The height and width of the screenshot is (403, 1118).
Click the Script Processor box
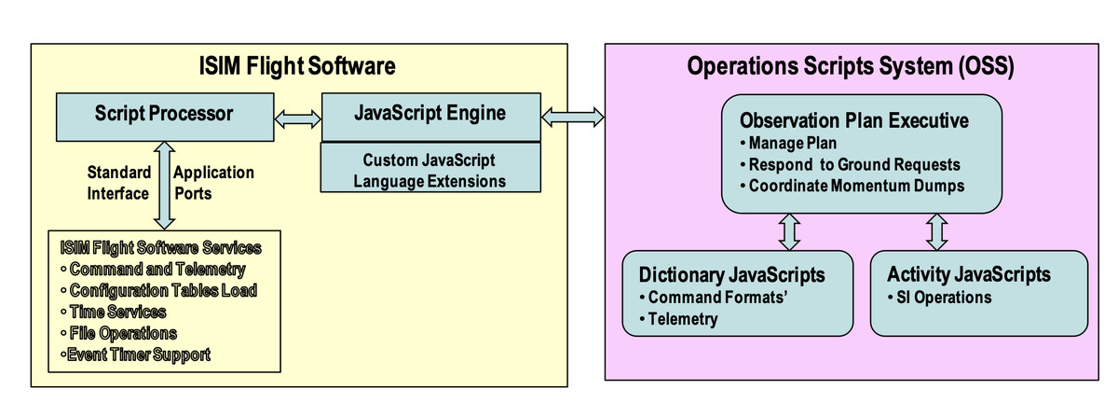165,117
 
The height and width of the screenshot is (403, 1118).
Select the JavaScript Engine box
431,117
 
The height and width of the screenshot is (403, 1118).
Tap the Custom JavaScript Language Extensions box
430,168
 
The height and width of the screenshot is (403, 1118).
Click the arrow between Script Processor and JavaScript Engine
298,119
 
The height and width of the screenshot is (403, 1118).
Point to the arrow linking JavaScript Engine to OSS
573,118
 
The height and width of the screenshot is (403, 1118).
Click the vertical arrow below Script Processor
164,186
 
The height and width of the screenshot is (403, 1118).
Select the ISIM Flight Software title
297,66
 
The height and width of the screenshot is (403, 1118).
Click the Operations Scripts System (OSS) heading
851,66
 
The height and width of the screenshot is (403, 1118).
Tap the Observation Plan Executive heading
854,120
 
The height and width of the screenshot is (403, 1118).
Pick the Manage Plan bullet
788,143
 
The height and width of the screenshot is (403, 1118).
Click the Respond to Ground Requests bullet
850,164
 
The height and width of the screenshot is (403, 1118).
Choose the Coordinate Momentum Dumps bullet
852,186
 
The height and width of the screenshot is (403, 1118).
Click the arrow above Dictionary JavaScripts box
790,232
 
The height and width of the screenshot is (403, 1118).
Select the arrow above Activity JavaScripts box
937,232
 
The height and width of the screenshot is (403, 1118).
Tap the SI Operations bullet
940,298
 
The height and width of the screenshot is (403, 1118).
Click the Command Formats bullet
714,298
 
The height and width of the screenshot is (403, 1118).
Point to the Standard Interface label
119,183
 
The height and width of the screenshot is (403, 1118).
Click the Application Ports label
213,183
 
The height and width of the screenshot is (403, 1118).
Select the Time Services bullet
114,312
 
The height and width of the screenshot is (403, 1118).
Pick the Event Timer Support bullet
135,355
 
